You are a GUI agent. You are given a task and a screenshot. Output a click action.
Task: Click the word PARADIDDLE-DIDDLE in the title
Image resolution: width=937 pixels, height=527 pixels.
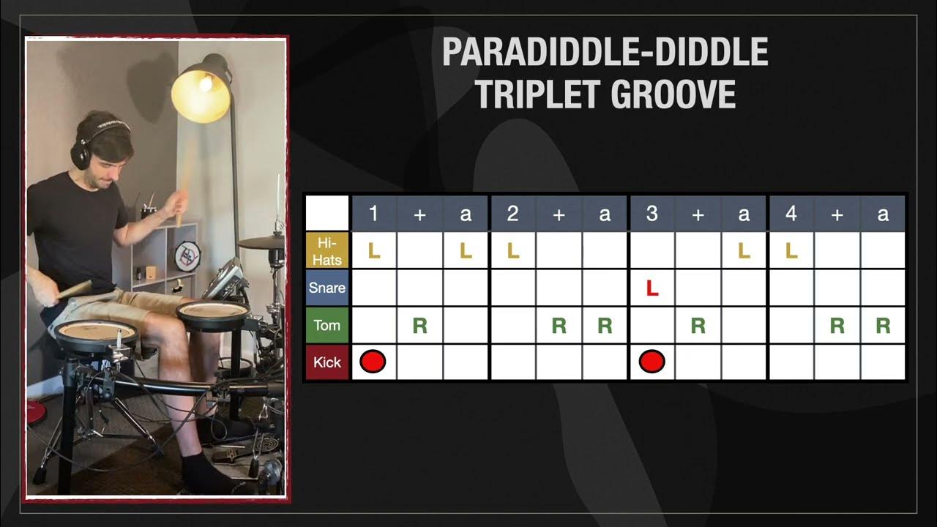click(x=605, y=52)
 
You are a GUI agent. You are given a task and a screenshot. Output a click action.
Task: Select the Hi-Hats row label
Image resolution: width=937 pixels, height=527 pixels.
click(x=326, y=250)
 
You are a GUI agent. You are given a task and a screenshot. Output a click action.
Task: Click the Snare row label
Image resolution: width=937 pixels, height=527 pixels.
click(x=326, y=288)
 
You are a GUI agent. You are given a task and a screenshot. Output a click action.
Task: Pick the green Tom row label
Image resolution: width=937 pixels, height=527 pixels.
click(x=326, y=325)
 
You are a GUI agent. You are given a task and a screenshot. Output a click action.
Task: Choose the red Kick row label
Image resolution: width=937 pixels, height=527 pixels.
click(x=326, y=362)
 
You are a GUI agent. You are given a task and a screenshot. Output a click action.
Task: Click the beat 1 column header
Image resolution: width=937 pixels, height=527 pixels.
click(x=373, y=214)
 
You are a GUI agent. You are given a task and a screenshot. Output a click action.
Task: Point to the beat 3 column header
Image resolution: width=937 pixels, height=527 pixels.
click(x=652, y=214)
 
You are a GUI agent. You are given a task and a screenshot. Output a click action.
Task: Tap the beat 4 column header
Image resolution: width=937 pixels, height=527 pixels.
click(x=791, y=214)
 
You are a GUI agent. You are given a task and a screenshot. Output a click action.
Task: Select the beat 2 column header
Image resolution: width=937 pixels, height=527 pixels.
click(x=512, y=214)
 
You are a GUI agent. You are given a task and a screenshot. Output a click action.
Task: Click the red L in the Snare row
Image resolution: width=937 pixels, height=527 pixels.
click(x=652, y=288)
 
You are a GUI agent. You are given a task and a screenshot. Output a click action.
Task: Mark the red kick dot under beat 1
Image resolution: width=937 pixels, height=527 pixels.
click(x=373, y=362)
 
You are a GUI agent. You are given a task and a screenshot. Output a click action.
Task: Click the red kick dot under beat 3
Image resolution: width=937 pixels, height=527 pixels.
click(x=652, y=362)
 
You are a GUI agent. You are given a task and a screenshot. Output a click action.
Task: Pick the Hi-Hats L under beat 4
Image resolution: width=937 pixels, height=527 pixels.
click(x=791, y=251)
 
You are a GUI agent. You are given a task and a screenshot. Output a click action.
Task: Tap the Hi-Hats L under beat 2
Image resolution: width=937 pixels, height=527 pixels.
click(x=513, y=251)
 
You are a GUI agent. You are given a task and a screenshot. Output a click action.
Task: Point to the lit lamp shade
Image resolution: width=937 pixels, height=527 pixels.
click(x=201, y=92)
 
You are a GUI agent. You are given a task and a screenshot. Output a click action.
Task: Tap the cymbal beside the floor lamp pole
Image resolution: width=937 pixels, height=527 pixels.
click(x=259, y=242)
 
